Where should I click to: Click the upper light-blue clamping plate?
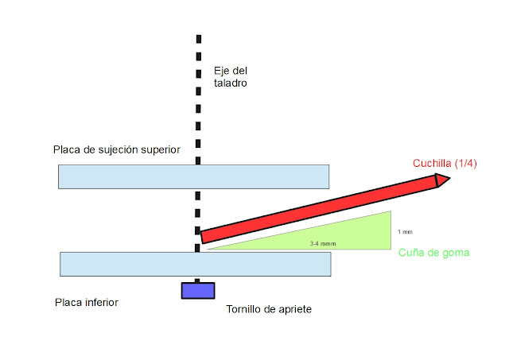tap(193, 176)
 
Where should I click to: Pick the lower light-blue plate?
tap(195, 264)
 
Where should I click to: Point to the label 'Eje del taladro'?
tap(231, 75)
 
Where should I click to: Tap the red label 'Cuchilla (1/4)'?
tap(445, 163)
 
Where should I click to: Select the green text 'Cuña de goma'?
tap(433, 253)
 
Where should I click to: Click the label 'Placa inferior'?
tap(87, 303)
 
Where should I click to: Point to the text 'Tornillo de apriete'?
tap(270, 308)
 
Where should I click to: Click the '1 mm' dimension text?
tap(406, 231)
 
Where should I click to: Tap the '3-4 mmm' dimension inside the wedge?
tap(321, 243)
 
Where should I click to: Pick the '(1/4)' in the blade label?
tap(464, 163)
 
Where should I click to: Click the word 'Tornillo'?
tap(247, 308)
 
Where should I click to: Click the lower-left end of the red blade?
tap(204, 236)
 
